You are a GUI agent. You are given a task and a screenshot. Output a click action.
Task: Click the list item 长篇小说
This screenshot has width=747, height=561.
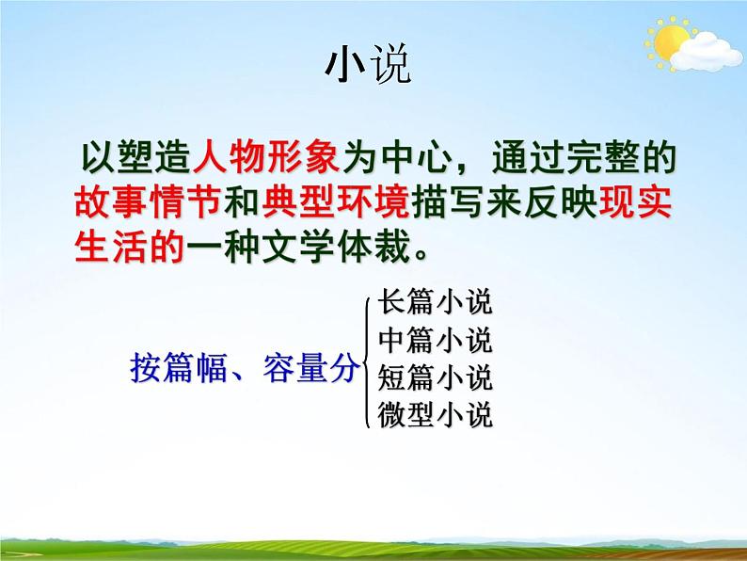tap(435, 303)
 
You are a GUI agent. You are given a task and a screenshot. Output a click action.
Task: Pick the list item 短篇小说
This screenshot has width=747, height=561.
tap(435, 377)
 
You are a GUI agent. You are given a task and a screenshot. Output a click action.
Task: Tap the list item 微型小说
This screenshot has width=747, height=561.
tap(435, 414)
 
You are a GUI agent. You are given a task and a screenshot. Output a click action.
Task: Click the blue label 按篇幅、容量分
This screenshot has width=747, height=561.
tap(244, 369)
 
